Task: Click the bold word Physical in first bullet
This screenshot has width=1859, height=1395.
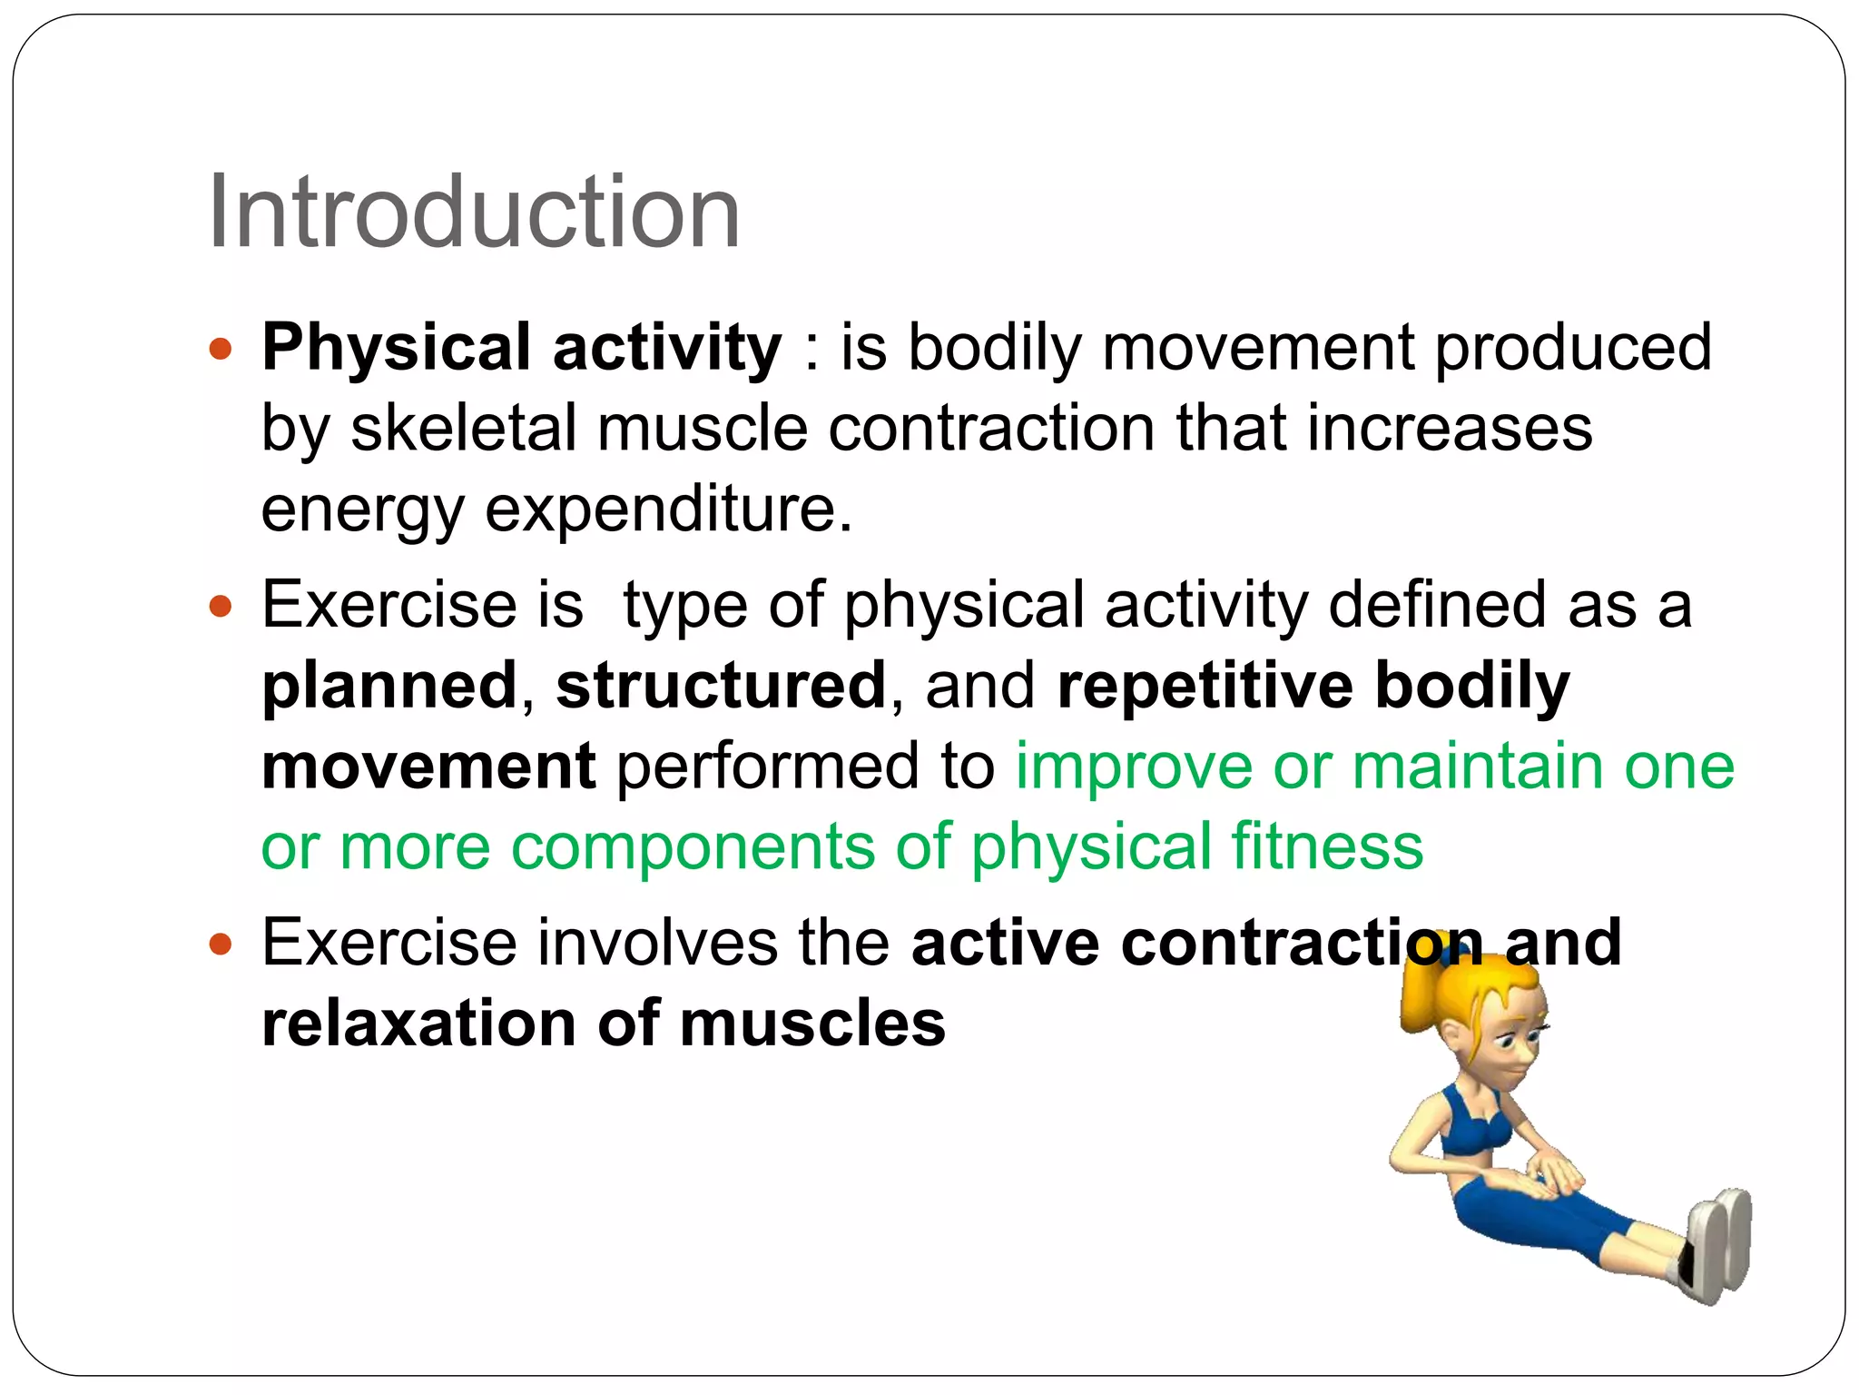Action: tap(396, 348)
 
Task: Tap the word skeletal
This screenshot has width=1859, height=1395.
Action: tap(463, 428)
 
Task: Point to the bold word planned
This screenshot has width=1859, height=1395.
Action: tap(389, 686)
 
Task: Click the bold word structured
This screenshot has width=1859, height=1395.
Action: tap(721, 686)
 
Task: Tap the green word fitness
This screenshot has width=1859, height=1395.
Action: tap(1327, 846)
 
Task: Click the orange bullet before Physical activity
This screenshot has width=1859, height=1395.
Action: tap(221, 348)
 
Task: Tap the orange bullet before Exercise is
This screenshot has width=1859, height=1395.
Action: tap(221, 606)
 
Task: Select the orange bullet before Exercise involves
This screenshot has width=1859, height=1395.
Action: tap(221, 945)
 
